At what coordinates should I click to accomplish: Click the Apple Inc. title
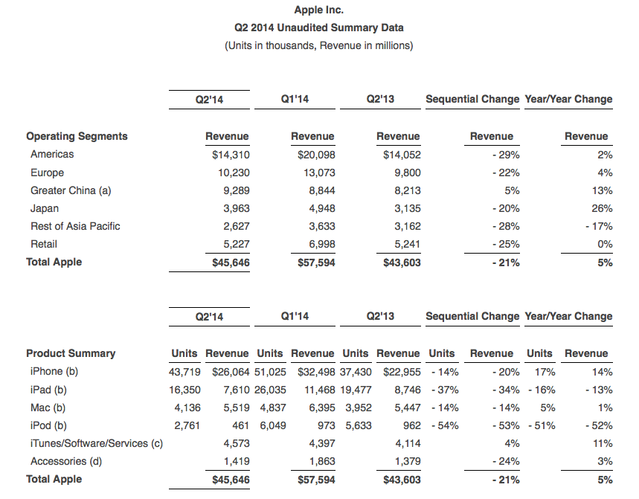[x=318, y=10]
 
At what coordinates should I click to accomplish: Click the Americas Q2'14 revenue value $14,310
[x=231, y=155]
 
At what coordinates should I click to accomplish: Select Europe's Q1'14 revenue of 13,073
[x=319, y=173]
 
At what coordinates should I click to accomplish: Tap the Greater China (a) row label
[x=71, y=190]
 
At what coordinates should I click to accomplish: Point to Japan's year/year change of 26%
[x=602, y=208]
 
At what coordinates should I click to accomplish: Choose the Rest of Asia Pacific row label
[x=75, y=226]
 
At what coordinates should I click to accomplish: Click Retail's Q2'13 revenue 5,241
[x=408, y=244]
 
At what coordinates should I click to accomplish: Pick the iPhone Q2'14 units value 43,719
[x=184, y=372]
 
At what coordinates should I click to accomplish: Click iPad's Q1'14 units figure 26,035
[x=270, y=390]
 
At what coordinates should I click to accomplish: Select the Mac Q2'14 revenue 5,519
[x=237, y=408]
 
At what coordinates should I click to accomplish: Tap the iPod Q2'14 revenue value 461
[x=241, y=425]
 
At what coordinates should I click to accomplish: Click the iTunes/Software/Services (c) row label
[x=97, y=443]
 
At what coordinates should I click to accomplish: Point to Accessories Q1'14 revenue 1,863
[x=322, y=462]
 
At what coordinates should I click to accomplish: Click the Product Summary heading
[x=71, y=353]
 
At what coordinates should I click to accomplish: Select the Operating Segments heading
[x=77, y=136]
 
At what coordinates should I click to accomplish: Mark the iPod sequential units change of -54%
[x=445, y=425]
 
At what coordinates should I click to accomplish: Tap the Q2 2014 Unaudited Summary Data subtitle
[x=318, y=28]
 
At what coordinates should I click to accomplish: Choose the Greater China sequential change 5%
[x=512, y=190]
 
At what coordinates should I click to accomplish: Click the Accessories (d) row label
[x=66, y=461]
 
